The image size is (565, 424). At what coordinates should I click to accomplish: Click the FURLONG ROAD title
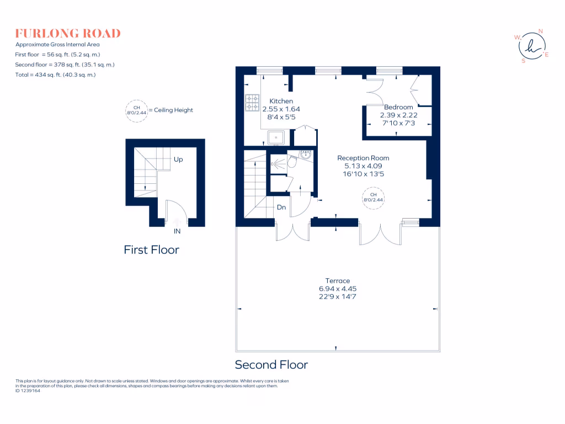coord(68,33)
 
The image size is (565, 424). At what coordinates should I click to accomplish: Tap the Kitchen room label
coord(281,101)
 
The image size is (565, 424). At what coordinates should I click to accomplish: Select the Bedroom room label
coord(398,107)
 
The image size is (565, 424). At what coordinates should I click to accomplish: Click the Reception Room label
coord(363,158)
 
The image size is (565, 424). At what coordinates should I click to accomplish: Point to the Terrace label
coord(338,281)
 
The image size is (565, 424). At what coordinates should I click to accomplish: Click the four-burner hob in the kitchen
coord(252,102)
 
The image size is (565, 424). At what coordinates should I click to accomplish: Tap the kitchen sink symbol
coord(276,137)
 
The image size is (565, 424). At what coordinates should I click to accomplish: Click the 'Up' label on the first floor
coord(178,160)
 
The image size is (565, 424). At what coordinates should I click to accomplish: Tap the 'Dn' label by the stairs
coord(281,208)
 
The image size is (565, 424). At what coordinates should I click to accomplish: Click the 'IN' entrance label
coord(177,231)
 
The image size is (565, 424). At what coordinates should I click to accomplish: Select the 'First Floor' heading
coord(151,250)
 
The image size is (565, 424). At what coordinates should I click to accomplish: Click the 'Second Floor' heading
coord(271,364)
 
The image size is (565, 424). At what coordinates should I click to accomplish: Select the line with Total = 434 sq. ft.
coord(55,75)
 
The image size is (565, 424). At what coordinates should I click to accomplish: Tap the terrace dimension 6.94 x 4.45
coord(338,289)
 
